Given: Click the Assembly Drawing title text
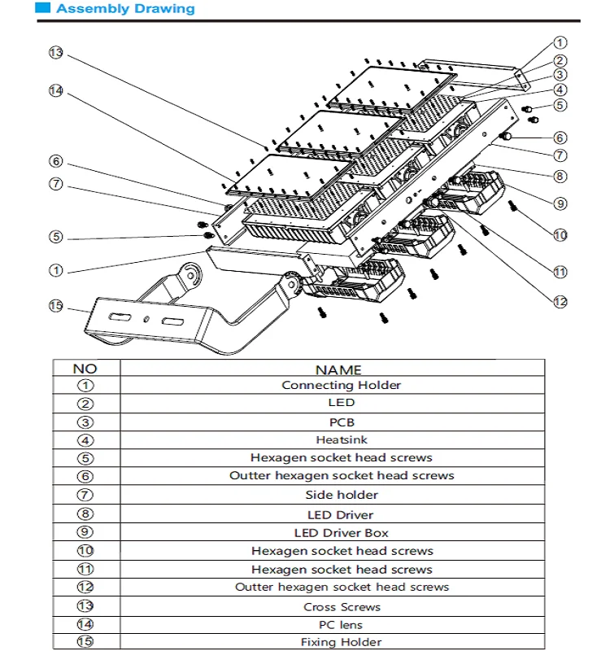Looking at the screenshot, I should tap(125, 9).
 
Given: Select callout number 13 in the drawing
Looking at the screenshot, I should tap(55, 53).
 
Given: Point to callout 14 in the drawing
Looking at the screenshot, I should tap(55, 91).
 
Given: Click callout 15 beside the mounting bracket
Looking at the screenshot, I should tap(55, 306).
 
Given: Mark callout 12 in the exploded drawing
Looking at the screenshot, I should tap(560, 302).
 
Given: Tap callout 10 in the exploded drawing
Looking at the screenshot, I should tap(560, 235).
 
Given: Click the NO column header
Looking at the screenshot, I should tap(85, 369).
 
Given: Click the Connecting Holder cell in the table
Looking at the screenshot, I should tap(342, 385).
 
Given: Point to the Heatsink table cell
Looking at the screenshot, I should tap(342, 440).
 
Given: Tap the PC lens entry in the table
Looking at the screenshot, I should tap(342, 625).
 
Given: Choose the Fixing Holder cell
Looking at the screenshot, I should tap(342, 642).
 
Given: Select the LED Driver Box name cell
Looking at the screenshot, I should tap(342, 533).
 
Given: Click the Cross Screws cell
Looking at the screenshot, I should tap(342, 607).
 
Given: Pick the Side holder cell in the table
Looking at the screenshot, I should tap(342, 495).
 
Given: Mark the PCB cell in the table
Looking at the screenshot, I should tap(342, 422).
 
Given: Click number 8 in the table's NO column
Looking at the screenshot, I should tap(85, 514).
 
